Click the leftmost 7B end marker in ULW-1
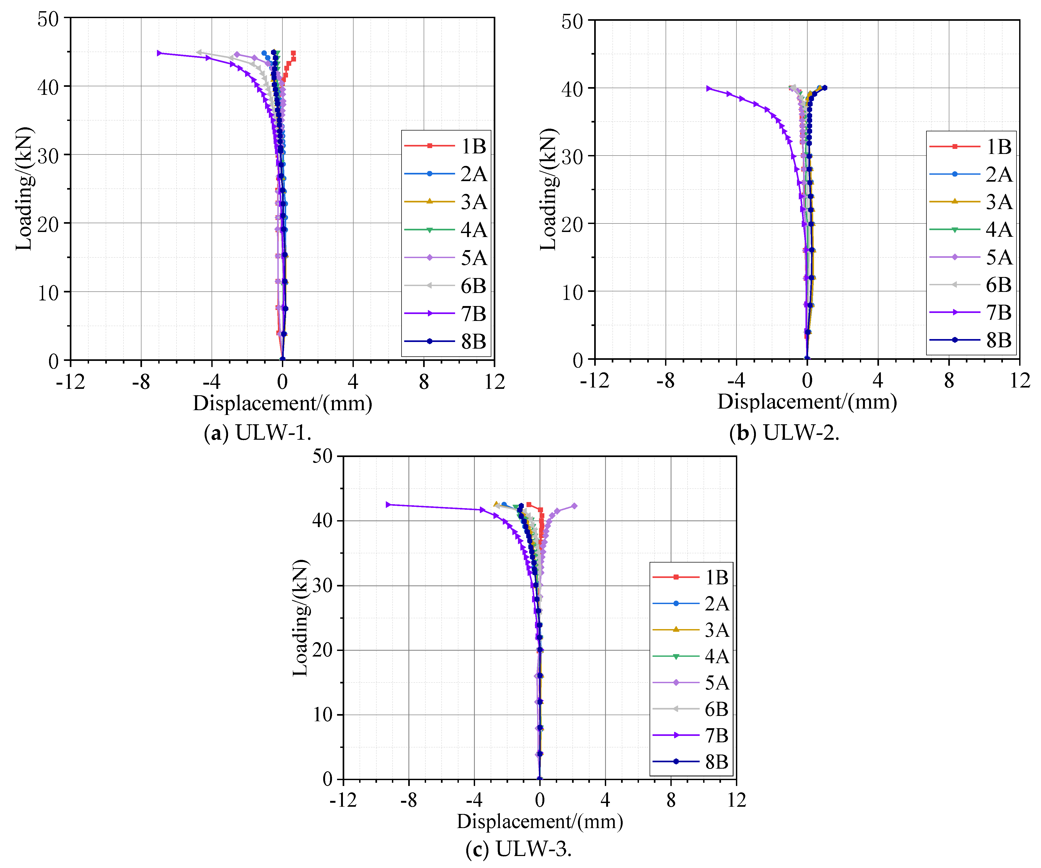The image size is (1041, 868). (159, 53)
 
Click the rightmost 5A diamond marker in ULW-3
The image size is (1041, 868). (574, 506)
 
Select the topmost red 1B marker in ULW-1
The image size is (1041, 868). (293, 53)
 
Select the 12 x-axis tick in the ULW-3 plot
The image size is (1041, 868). (737, 800)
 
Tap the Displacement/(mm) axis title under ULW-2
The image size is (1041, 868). (807, 402)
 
